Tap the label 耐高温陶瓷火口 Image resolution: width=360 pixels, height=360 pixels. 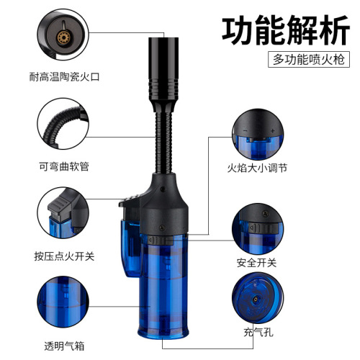point(63,74)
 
